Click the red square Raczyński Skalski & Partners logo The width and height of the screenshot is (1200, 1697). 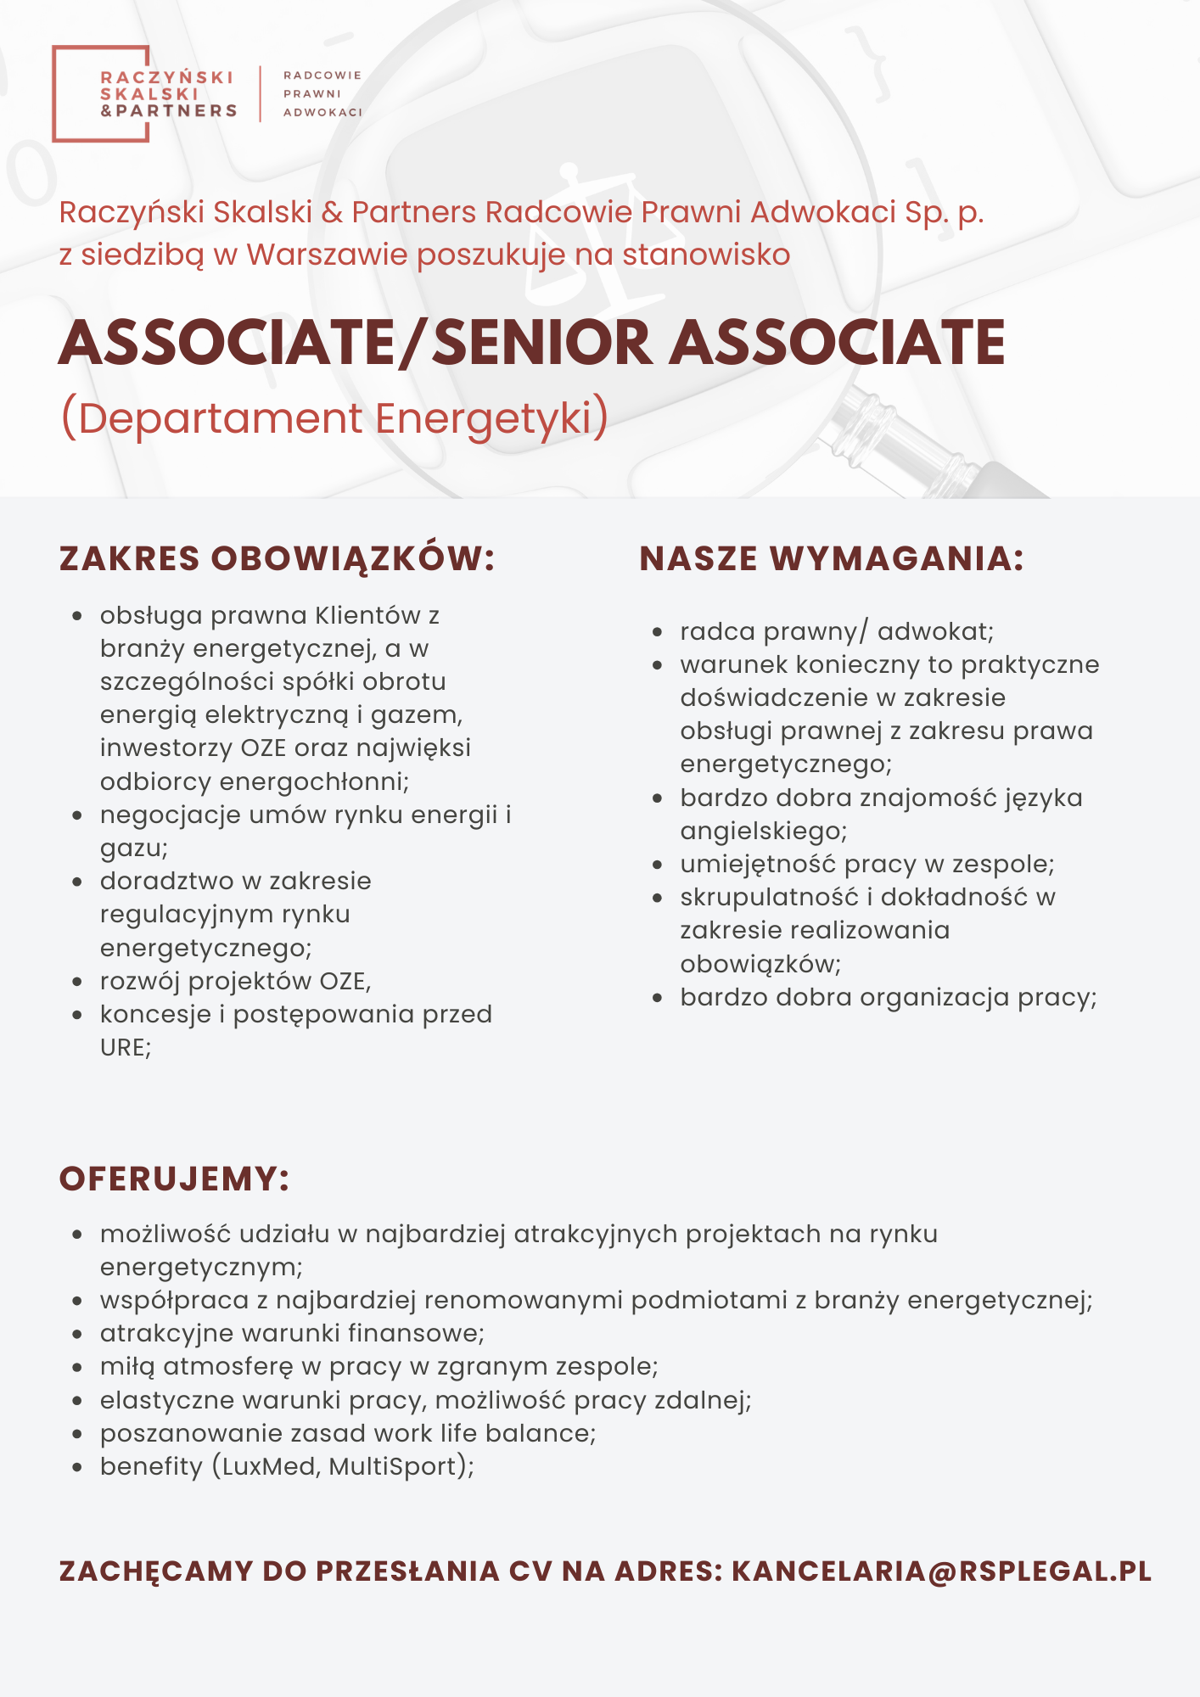tap(144, 93)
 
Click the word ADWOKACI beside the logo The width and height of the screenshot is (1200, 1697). tap(322, 113)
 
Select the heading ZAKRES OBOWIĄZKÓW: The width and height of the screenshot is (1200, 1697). tap(277, 559)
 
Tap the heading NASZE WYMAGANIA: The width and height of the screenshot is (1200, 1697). tap(832, 559)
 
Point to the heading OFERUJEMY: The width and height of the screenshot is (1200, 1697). tap(175, 1179)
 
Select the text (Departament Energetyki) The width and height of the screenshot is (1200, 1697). tap(334, 418)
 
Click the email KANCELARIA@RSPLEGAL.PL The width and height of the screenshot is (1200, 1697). tap(941, 1571)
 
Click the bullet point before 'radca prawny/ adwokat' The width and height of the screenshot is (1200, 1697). tap(657, 632)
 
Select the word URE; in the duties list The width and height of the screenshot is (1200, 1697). tap(126, 1048)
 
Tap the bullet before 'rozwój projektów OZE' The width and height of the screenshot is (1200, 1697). tap(77, 983)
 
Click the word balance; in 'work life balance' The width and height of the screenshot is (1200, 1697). tap(541, 1433)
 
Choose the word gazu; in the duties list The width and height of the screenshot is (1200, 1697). tap(134, 848)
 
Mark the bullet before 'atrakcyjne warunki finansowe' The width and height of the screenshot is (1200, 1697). tap(77, 1334)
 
